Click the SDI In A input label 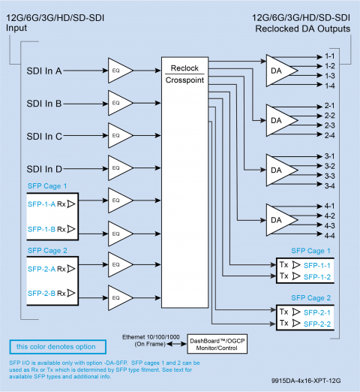coord(44,71)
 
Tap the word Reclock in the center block coord(184,68)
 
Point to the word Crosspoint coord(184,80)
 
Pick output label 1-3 coord(330,76)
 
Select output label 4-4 coord(330,236)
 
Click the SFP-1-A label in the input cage coord(41,204)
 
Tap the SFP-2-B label coord(41,293)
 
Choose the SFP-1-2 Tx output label coord(317,277)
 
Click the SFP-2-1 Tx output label coord(317,312)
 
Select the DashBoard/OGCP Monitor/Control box coord(217,344)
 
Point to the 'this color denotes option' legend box coord(58,347)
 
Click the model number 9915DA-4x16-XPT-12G coord(306,381)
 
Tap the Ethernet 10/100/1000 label coord(151,337)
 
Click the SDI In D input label coord(44,169)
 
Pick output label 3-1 coord(330,156)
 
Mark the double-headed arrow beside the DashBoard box coord(177,344)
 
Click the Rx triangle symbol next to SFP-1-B coord(71,229)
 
